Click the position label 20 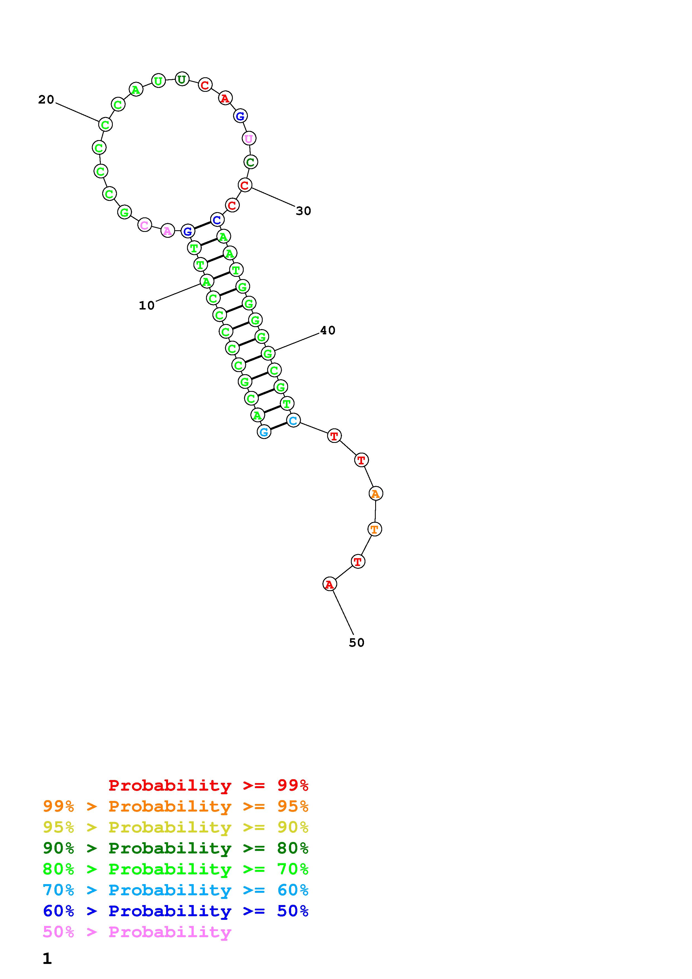(x=46, y=100)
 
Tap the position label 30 (x=304, y=211)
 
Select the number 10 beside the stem (x=147, y=305)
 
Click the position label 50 (x=356, y=643)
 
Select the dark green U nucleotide (x=182, y=79)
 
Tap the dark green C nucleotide (x=251, y=162)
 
